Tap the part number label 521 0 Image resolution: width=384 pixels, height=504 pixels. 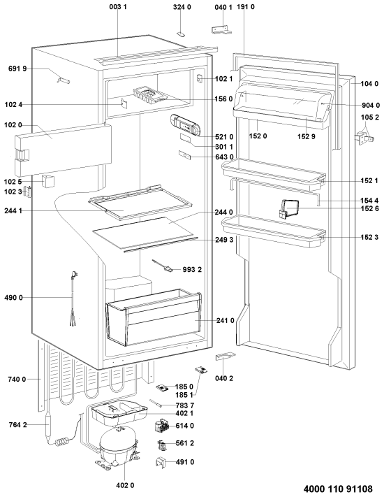pos(224,137)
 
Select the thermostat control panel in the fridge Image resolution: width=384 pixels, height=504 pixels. pos(185,125)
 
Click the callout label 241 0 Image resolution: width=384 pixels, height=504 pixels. pos(225,320)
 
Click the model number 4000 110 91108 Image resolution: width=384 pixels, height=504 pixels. pos(338,489)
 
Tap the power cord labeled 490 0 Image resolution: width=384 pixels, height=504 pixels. pos(74,298)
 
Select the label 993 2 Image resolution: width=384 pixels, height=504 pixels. pos(192,269)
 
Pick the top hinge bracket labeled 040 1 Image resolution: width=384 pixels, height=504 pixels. pos(221,29)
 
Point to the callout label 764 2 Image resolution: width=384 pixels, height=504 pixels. pos(17,425)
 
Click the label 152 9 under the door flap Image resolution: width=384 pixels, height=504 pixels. pos(307,136)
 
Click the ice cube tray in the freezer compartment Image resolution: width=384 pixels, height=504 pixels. pos(149,96)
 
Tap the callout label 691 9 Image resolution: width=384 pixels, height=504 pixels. pos(17,69)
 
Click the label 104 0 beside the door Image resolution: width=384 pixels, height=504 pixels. pos(369,84)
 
